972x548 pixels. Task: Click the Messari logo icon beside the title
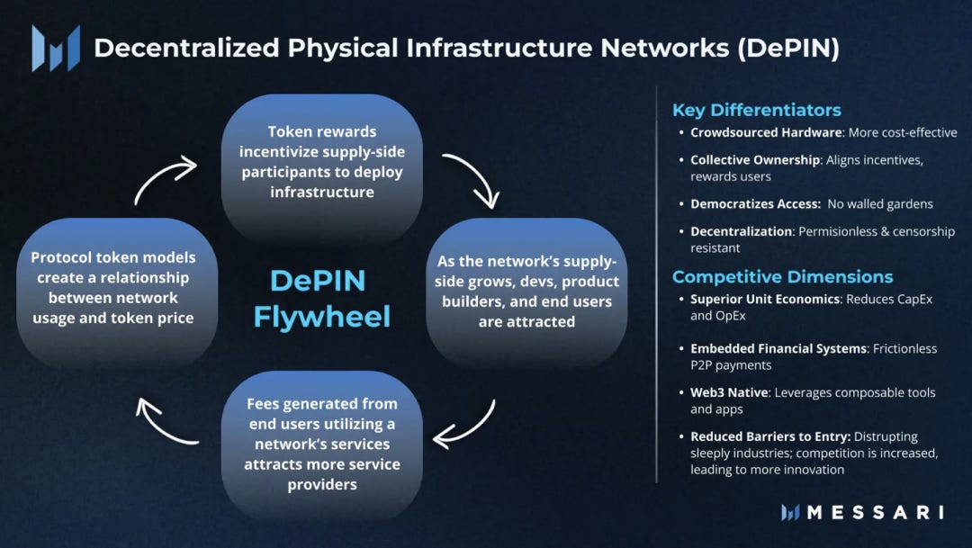(56, 48)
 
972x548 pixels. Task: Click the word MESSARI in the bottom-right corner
(875, 512)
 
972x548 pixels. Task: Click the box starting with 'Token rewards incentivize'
(321, 162)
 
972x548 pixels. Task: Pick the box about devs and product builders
(526, 291)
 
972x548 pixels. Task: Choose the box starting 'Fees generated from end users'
(321, 445)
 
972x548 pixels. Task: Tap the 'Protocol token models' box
(116, 288)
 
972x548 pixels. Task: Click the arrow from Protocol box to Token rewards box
(165, 180)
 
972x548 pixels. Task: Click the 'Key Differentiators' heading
(756, 110)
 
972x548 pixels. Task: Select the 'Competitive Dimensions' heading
(782, 276)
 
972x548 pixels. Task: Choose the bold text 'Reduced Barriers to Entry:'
(770, 436)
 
